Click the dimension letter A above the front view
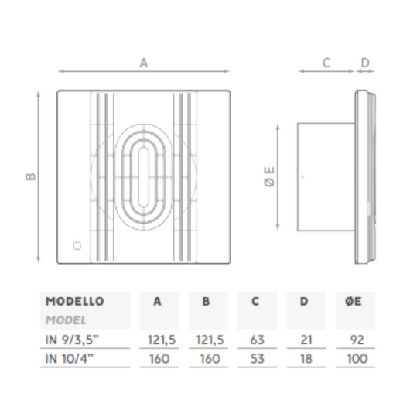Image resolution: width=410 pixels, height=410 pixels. click(x=144, y=63)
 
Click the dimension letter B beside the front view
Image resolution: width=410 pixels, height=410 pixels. click(x=31, y=176)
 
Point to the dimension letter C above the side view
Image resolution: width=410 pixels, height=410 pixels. click(x=326, y=63)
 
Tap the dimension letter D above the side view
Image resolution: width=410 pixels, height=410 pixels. click(x=365, y=63)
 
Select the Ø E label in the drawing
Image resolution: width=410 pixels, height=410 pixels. click(x=270, y=176)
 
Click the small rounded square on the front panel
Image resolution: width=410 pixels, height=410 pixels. click(x=77, y=246)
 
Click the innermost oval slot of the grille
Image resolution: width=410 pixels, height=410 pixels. click(x=143, y=177)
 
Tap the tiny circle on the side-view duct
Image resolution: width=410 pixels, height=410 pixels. click(x=302, y=177)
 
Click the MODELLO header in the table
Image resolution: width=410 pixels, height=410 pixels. click(x=74, y=301)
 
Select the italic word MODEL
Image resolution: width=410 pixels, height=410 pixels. click(x=66, y=320)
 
